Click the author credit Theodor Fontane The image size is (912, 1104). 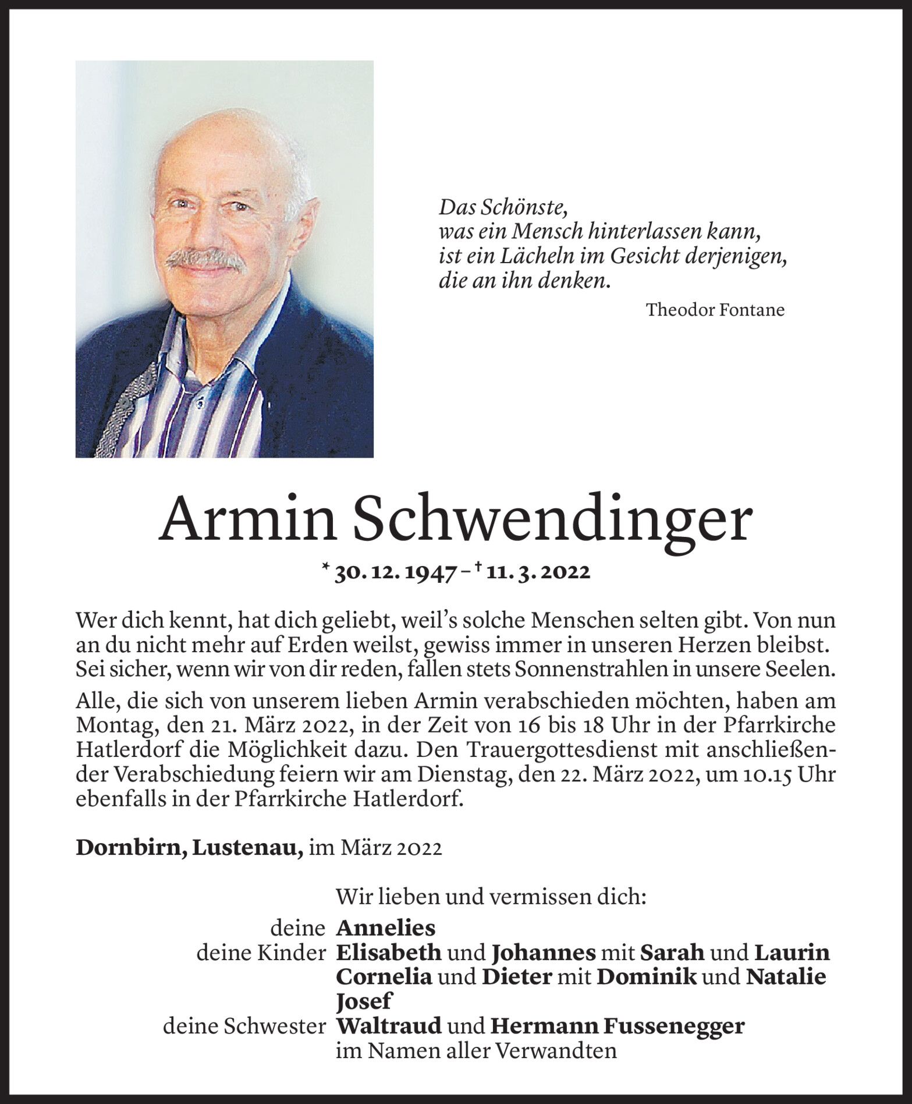[715, 310]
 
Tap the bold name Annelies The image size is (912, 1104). [386, 927]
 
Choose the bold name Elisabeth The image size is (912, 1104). [389, 953]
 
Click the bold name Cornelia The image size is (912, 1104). [384, 976]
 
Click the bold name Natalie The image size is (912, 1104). [786, 976]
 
